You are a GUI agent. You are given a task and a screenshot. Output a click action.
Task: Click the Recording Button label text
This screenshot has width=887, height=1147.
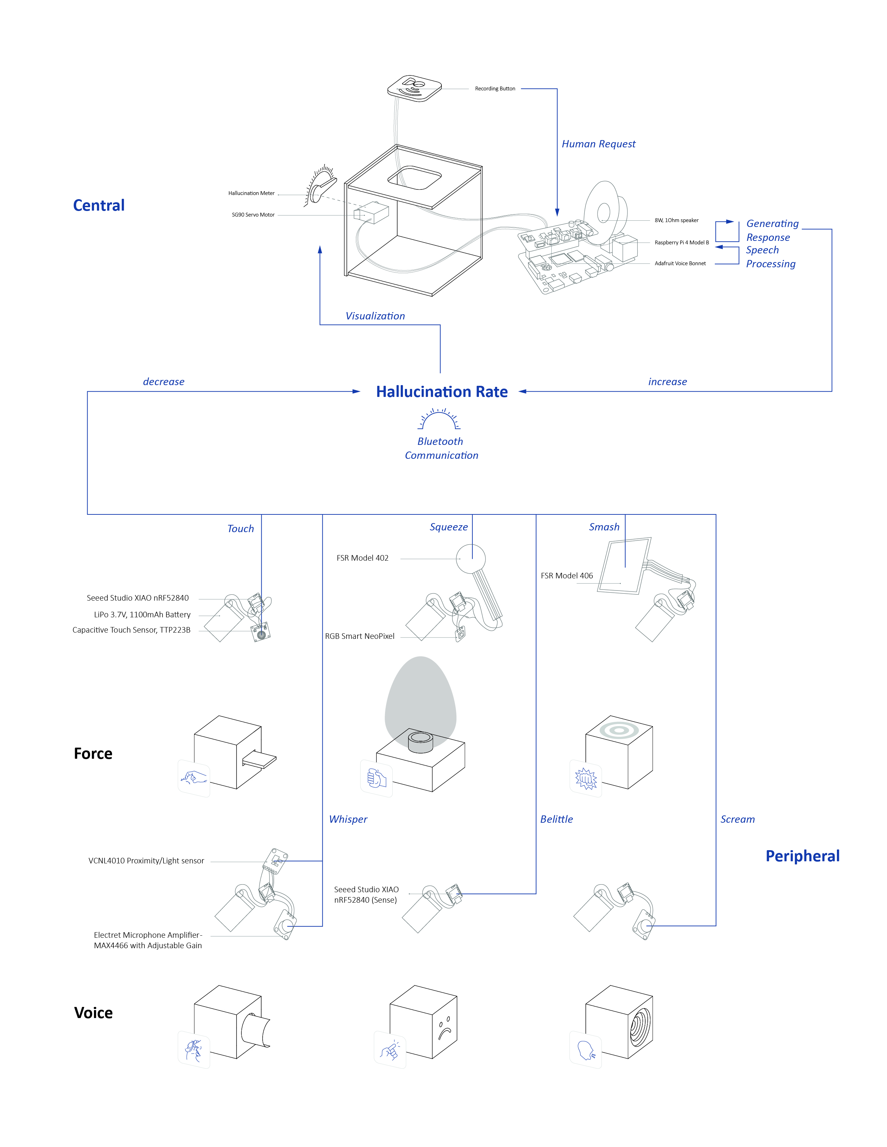coord(495,89)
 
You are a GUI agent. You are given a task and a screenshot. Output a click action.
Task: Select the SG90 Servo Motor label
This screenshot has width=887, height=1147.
coord(253,215)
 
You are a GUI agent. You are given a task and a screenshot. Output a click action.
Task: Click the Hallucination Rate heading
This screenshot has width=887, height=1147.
coord(441,392)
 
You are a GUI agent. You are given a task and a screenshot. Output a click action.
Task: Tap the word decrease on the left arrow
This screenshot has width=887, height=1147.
coord(163,382)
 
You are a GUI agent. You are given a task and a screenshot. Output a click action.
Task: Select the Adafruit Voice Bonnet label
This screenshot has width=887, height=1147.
coord(680,264)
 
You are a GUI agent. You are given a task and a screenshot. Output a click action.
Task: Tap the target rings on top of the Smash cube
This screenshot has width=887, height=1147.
coord(620,730)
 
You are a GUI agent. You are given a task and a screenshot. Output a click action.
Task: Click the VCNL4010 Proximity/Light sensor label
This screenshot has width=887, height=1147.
coord(146,861)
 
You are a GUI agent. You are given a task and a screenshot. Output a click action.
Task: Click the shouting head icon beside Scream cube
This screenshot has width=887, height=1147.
coord(585,1051)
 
